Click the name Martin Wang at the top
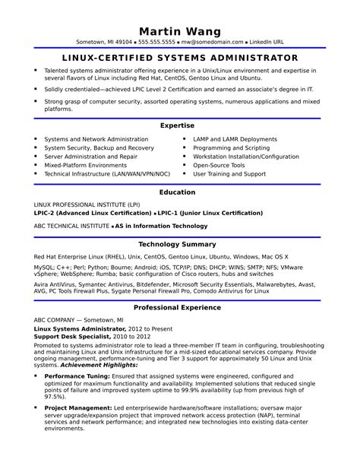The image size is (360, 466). (180, 30)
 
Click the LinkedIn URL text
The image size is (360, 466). (267, 43)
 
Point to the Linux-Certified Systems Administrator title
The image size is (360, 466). (180, 58)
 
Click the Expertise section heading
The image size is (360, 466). (180, 125)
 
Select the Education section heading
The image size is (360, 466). (180, 192)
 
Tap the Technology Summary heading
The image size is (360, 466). (180, 245)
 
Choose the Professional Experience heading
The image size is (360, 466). (180, 308)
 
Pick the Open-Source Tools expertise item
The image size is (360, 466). (219, 165)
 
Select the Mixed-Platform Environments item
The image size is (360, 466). (85, 165)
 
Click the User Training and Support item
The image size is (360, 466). (229, 173)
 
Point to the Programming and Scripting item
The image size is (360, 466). (231, 148)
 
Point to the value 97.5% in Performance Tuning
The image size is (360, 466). (55, 396)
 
